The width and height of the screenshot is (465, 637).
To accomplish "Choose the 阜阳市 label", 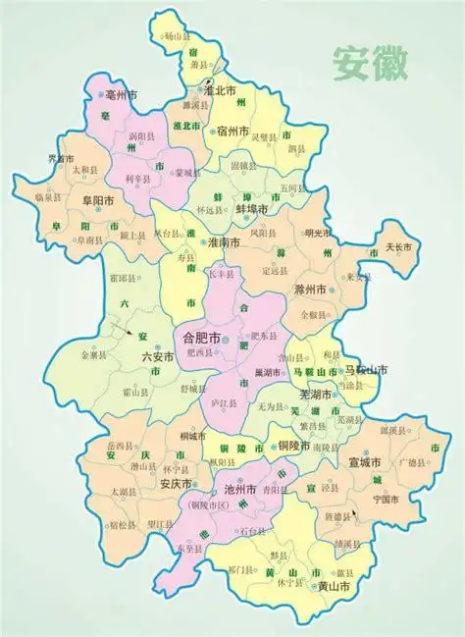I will [x=98, y=200].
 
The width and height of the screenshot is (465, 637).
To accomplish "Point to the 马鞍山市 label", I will [x=366, y=370].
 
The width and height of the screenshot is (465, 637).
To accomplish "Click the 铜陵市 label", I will [x=292, y=446].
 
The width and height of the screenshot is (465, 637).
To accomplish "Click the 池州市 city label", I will [x=239, y=488].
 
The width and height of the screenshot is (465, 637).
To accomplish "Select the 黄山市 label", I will [x=336, y=586].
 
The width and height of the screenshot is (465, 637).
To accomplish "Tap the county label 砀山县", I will [x=176, y=36].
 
